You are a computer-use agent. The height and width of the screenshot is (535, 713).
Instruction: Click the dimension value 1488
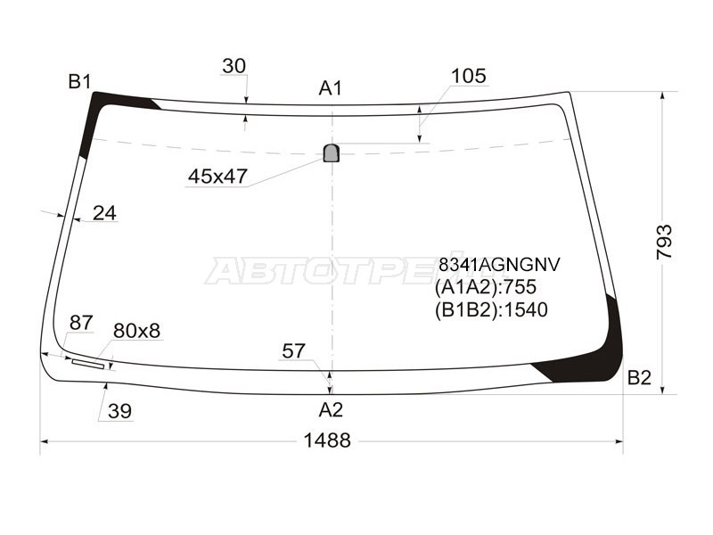[x=326, y=440]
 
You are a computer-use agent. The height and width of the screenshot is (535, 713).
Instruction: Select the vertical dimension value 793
[x=665, y=241]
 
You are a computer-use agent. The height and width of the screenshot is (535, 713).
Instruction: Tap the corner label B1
[x=80, y=82]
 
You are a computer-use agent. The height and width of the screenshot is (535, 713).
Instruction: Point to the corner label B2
[x=639, y=377]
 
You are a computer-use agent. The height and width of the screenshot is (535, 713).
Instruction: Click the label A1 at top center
[x=331, y=87]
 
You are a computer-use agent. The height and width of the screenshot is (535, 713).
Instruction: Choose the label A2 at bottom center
[x=331, y=410]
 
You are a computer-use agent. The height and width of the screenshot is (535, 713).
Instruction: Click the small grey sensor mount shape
[x=332, y=153]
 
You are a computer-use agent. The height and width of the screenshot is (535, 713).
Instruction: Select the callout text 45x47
[x=217, y=177]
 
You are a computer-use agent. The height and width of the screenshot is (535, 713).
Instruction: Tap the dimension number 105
[x=468, y=76]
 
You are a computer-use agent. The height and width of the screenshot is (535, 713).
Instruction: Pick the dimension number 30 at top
[x=234, y=66]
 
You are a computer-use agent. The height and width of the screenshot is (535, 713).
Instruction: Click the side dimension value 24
[x=104, y=213]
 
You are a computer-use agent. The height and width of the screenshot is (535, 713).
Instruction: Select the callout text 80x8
[x=136, y=331]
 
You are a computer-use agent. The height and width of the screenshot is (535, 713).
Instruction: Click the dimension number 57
[x=294, y=351]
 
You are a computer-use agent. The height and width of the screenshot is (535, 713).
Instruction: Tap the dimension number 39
[x=120, y=411]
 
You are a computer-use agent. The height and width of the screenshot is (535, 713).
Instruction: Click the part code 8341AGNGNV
[x=497, y=265]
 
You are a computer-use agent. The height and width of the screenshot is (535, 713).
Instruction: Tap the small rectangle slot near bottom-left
[x=87, y=363]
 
